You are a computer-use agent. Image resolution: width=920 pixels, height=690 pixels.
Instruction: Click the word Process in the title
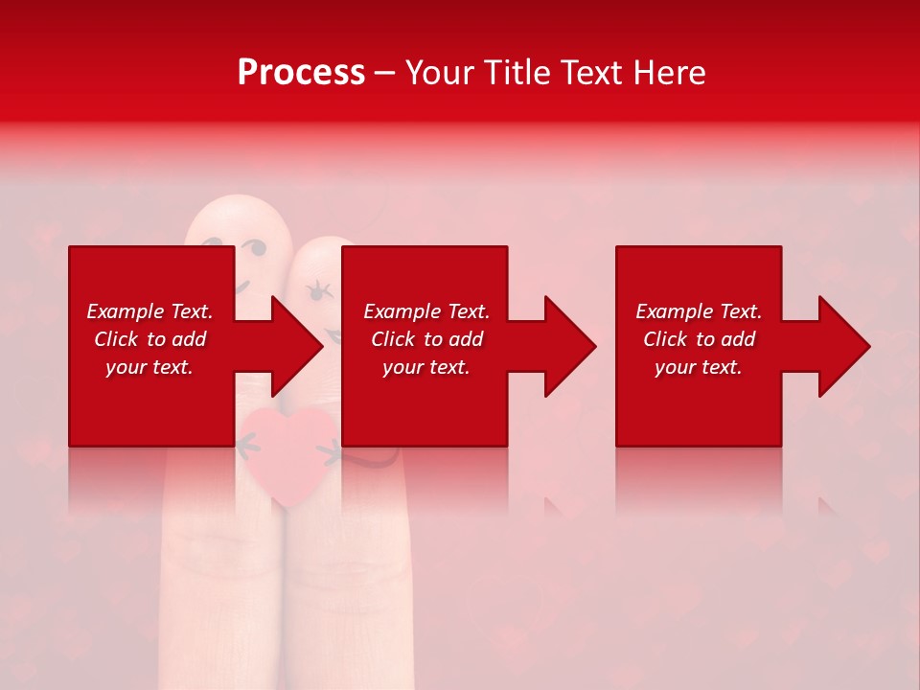[x=301, y=73]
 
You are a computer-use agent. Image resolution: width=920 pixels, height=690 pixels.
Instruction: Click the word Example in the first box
[x=126, y=311]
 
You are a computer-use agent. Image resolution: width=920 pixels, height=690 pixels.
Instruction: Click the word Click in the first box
[x=117, y=339]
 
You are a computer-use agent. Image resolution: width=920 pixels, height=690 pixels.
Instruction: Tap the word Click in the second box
[x=394, y=339]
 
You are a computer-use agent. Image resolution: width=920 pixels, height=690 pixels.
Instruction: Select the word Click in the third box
[x=666, y=339]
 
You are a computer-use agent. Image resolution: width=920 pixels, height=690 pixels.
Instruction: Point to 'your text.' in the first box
[x=149, y=367]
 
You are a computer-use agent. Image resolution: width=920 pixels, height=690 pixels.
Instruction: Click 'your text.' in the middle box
[x=426, y=367]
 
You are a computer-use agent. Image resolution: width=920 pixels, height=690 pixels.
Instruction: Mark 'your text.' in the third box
[x=699, y=367]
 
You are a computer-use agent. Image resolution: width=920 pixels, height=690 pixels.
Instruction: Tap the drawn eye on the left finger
[x=256, y=251]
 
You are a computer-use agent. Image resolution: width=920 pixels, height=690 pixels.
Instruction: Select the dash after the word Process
[x=384, y=73]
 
